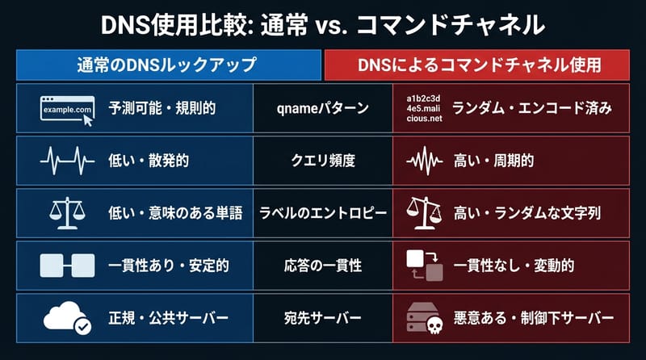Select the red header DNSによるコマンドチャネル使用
click(x=476, y=65)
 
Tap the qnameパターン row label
click(x=322, y=108)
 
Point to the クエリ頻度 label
click(x=322, y=160)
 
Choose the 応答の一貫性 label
click(x=322, y=265)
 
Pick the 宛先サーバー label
click(x=322, y=317)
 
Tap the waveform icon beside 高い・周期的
click(x=424, y=161)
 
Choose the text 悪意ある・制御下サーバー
click(x=534, y=317)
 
